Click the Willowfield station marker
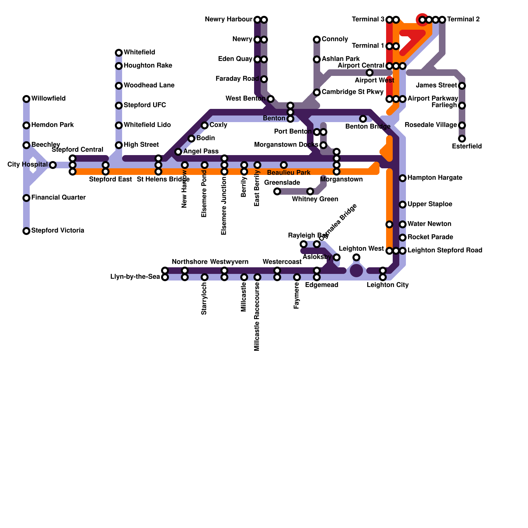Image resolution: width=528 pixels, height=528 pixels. click(26, 99)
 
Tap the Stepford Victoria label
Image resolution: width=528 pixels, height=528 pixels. click(58, 231)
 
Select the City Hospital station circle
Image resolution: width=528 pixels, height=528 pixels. click(53, 165)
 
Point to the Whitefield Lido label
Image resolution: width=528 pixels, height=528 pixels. click(147, 125)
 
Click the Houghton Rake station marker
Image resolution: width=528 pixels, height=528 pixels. click(119, 66)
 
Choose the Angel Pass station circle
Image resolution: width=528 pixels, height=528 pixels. click(178, 152)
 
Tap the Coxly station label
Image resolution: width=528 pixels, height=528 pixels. click(218, 125)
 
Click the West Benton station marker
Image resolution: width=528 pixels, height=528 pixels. click(271, 99)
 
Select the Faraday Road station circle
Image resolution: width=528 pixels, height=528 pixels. click(264, 79)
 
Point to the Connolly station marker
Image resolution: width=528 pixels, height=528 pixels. click(317, 40)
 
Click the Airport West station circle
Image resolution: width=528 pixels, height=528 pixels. click(370, 73)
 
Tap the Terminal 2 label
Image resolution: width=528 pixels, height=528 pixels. click(463, 19)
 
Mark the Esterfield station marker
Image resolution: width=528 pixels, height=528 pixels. click(462, 139)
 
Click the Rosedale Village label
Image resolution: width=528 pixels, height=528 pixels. click(431, 125)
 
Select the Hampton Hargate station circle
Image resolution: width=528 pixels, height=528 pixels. click(403, 178)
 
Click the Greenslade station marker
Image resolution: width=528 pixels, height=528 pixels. click(277, 191)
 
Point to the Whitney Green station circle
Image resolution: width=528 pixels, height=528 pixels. click(310, 191)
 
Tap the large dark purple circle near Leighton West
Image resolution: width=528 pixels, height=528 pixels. click(356, 271)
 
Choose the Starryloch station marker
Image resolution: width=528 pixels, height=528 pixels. click(205, 277)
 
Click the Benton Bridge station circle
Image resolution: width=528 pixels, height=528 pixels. click(363, 119)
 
